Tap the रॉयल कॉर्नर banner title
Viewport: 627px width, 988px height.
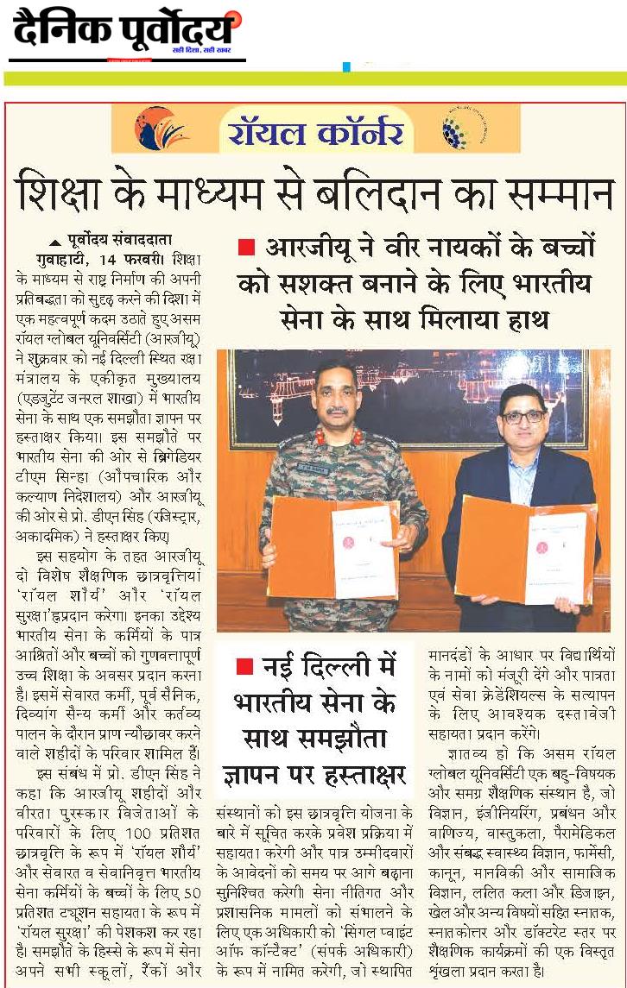[x=315, y=131]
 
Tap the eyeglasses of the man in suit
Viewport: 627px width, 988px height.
[x=523, y=416]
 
